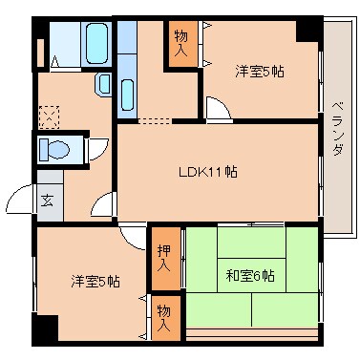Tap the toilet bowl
tap(55, 150)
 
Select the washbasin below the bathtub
tap(103, 84)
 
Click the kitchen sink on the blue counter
tap(128, 94)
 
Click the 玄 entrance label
tap(47, 201)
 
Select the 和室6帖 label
tap(249, 276)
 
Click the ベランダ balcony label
tap(337, 129)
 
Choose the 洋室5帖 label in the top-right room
tap(260, 71)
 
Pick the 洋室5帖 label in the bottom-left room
tap(95, 281)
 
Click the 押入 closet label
tap(164, 256)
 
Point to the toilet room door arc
tap(97, 151)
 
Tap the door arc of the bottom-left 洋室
tap(131, 235)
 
